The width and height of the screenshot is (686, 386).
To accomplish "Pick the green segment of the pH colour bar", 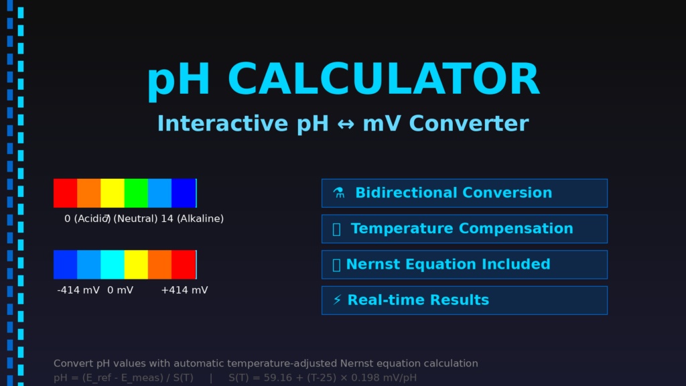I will click(136, 193).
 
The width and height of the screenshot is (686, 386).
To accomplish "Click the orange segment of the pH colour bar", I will click(88, 193).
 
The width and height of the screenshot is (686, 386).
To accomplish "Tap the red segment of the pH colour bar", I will click(65, 193).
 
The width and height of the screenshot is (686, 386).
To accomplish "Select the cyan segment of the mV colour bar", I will click(112, 265).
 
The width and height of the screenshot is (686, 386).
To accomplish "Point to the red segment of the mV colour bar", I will click(183, 265).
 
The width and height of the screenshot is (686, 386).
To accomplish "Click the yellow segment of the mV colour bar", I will click(136, 265).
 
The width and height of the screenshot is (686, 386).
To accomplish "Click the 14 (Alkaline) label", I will click(192, 219).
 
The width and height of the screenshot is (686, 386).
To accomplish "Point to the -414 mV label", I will click(78, 290).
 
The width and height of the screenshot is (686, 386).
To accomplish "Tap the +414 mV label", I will click(184, 290).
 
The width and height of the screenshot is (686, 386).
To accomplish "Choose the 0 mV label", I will click(120, 290).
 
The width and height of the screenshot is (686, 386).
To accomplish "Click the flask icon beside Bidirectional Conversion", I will click(339, 193).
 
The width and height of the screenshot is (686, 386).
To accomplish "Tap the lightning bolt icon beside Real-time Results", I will click(337, 300).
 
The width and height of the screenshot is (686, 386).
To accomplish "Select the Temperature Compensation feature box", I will click(464, 229).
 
